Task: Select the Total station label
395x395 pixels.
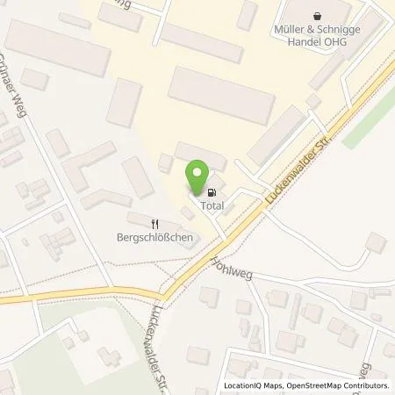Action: pyautogui.click(x=212, y=206)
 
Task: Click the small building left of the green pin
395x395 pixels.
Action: pyautogui.click(x=165, y=162)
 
